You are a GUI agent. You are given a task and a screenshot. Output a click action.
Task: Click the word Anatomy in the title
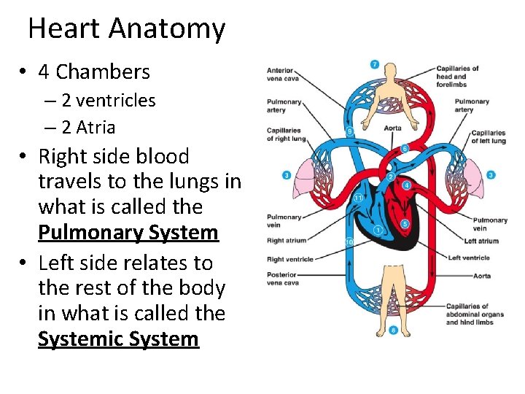pos(167,29)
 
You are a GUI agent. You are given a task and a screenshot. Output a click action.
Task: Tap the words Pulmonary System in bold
pos(128,233)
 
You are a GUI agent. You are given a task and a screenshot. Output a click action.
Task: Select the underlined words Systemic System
pos(118,339)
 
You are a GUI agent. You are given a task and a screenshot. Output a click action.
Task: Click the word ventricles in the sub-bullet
pos(116,100)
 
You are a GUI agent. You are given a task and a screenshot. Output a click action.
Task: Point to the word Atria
pos(96,128)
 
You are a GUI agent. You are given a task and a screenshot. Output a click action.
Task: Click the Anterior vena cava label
pos(281,75)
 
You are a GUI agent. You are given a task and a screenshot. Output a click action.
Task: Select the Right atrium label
pos(287,241)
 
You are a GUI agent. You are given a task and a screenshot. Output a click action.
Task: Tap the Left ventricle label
pos(469,258)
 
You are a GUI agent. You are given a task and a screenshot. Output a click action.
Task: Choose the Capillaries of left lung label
pos(488,136)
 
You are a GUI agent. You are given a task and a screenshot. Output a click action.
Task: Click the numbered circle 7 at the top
pos(375,64)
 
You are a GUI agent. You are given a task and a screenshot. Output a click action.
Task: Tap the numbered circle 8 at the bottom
pos(394,331)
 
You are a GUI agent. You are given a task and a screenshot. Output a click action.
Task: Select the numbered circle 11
pos(358,198)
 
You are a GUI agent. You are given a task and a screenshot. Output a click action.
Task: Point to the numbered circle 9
pos(350,132)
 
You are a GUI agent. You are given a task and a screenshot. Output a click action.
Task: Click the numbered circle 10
pos(349,242)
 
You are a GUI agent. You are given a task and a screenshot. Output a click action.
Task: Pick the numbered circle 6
pos(405,149)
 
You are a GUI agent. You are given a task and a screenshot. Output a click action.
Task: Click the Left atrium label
pos(481,241)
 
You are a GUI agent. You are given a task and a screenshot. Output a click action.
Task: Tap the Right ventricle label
pos(290,259)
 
